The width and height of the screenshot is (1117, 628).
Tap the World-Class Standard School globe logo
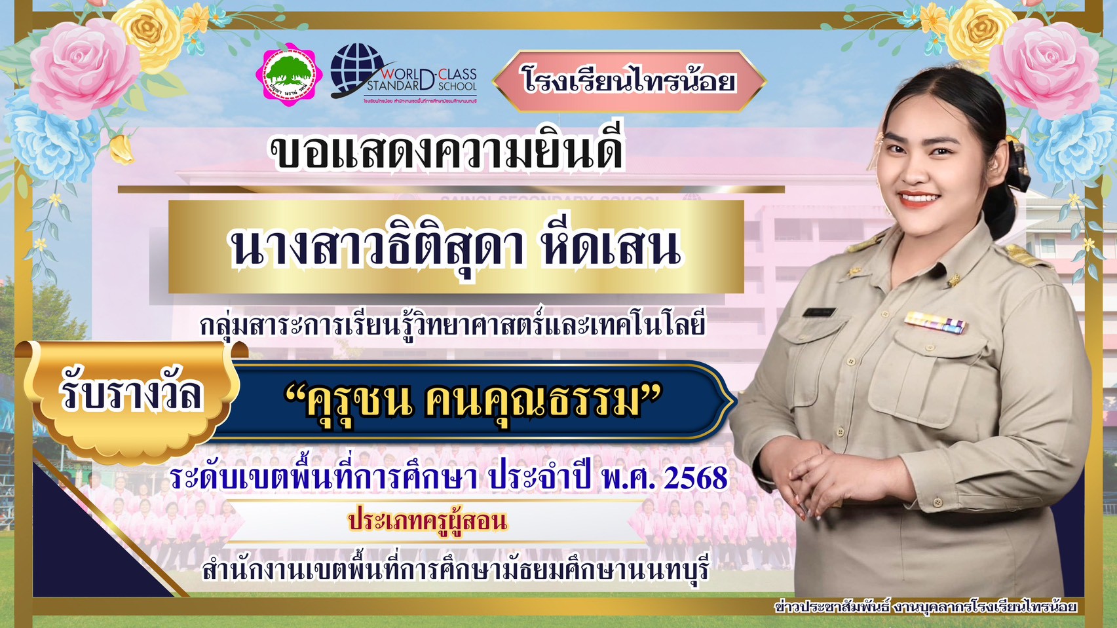(x=358, y=71)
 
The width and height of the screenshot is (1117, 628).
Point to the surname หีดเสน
(x=611, y=248)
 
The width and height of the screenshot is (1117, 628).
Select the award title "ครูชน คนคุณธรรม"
(x=473, y=401)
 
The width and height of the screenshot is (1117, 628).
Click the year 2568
(x=696, y=478)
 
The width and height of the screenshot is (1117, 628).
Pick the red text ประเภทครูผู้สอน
(x=428, y=522)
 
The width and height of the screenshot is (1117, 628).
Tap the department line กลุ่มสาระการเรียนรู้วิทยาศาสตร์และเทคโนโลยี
(x=453, y=324)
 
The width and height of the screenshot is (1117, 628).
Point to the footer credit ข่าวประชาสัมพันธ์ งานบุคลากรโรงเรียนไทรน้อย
(x=925, y=606)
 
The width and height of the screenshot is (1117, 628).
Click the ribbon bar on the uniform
(x=935, y=322)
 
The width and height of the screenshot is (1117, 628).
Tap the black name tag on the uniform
(x=820, y=312)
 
